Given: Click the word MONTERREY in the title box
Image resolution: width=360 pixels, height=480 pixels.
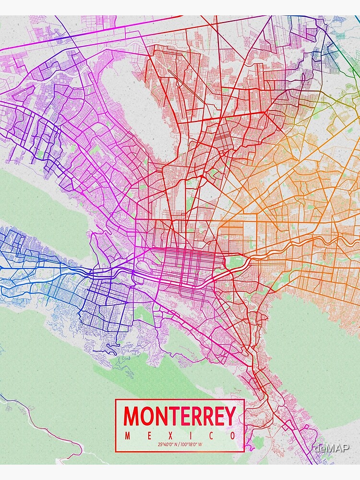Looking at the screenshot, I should pyautogui.click(x=180, y=417).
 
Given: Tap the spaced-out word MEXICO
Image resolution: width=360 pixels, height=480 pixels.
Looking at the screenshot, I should pyautogui.click(x=180, y=436).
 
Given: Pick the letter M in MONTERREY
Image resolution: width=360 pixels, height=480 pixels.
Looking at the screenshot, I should pyautogui.click(x=132, y=417).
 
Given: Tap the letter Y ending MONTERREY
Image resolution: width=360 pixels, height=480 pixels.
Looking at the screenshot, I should pyautogui.click(x=229, y=417).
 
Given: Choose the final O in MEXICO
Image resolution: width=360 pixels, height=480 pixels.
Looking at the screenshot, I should pyautogui.click(x=232, y=436).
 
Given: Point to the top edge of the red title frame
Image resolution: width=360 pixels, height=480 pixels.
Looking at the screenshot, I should pyautogui.click(x=180, y=399).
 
